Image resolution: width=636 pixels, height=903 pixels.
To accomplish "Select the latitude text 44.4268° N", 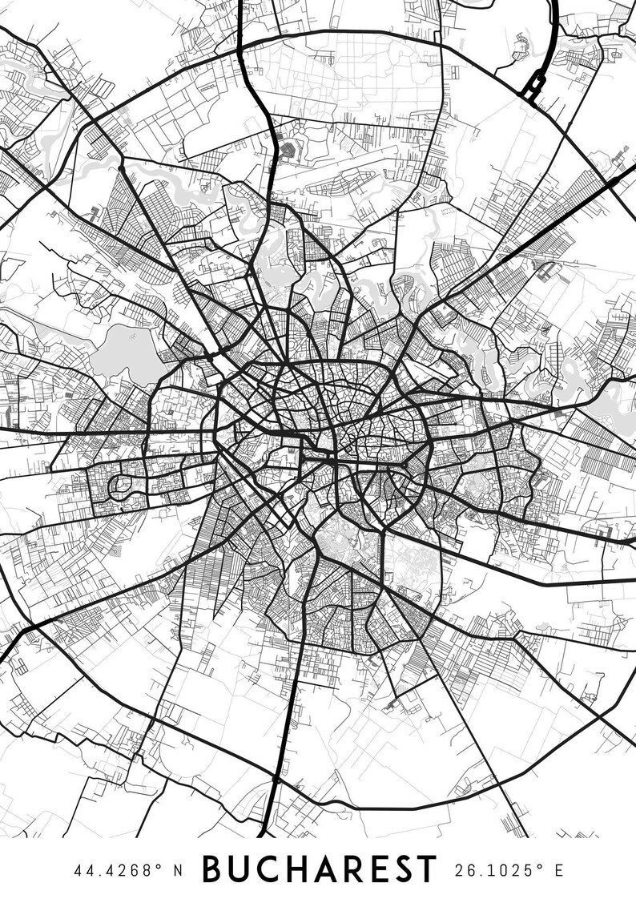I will point(128,870).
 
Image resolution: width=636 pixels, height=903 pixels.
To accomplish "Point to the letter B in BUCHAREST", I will point(214,869).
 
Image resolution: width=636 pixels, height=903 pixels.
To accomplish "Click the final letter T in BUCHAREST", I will point(425,869).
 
